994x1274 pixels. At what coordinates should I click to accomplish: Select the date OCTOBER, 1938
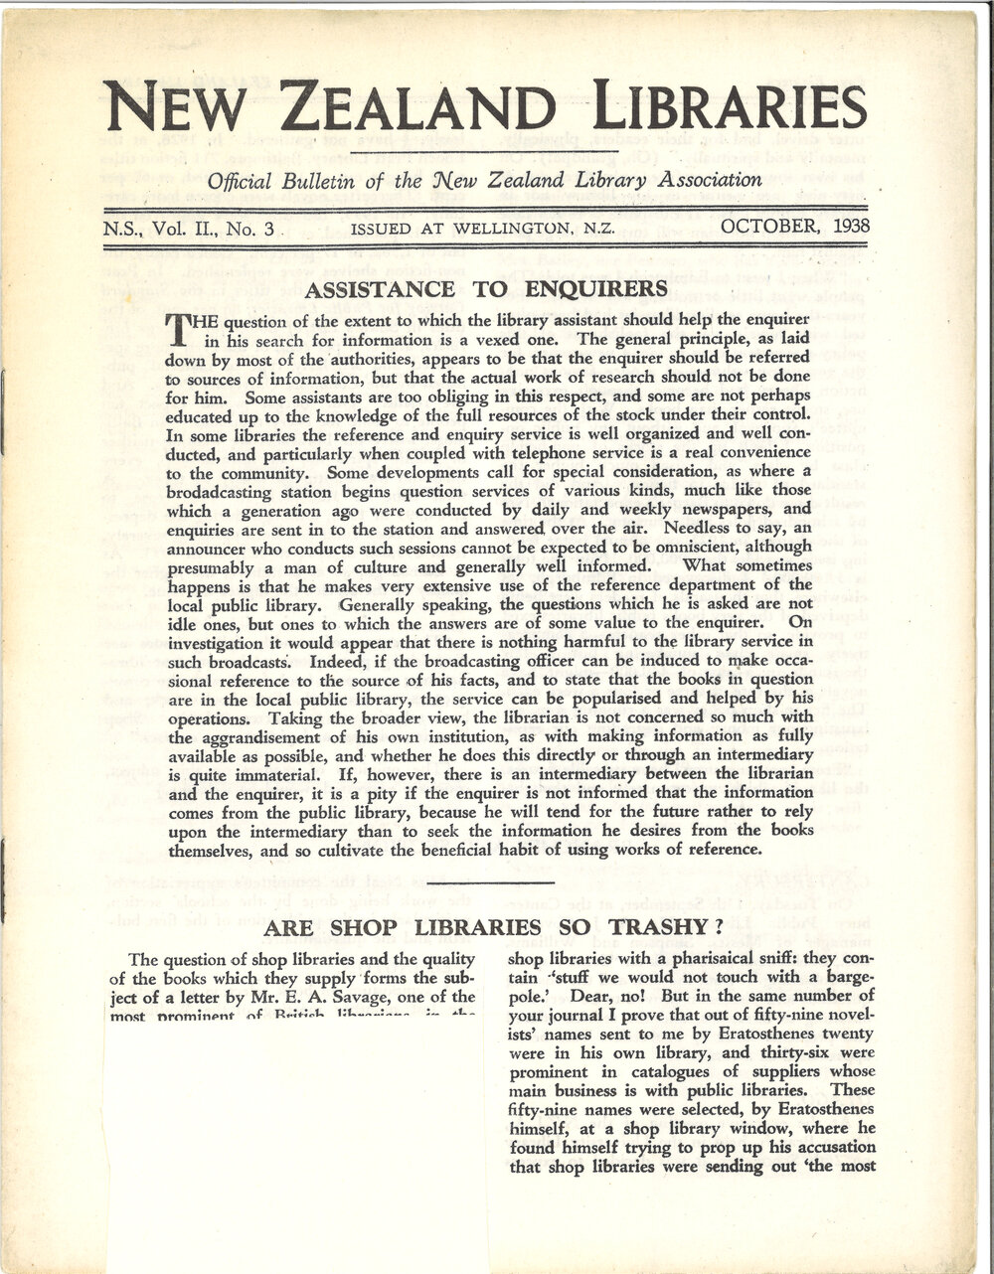click(795, 226)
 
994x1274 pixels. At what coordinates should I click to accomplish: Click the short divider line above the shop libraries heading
click(494, 881)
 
